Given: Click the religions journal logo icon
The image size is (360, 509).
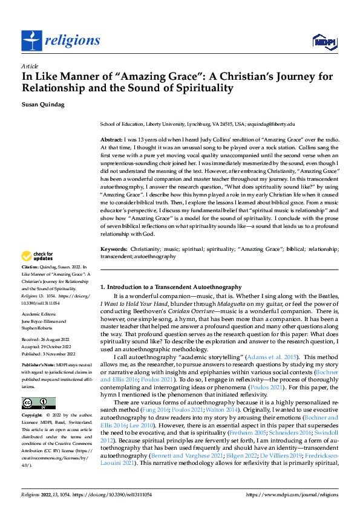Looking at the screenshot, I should coord(31,41).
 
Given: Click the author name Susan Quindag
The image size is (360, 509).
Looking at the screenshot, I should coord(44,104).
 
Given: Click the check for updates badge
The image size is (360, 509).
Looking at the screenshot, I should coord(38,273).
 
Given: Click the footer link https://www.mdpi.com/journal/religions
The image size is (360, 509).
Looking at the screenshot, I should coord(293,495).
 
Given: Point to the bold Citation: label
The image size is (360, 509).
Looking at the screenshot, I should coord(31,283).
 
